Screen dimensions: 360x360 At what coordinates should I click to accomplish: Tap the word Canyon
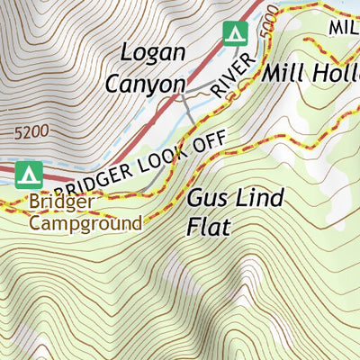point(145,83)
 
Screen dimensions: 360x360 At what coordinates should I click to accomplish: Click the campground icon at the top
point(235,33)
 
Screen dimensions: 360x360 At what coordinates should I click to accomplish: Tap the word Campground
point(85,222)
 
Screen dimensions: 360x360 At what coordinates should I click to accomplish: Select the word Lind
point(260,198)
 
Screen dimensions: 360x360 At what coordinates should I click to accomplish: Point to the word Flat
point(208,227)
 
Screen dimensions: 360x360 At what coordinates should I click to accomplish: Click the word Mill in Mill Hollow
point(283,74)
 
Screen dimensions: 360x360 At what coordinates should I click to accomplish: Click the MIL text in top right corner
point(343,27)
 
